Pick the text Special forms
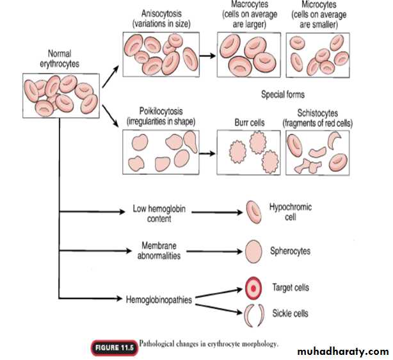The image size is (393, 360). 282,95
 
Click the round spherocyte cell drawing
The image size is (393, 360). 253,250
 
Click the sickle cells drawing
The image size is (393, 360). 253,315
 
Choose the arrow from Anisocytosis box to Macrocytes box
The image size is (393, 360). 206,56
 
